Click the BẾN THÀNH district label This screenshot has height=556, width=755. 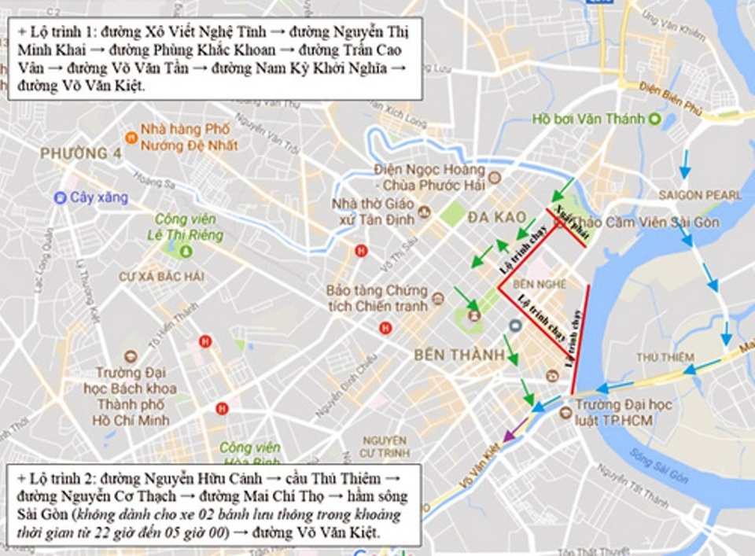click(x=459, y=355)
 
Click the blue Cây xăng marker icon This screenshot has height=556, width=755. click(x=60, y=198)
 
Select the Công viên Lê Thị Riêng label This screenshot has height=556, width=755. click(x=189, y=226)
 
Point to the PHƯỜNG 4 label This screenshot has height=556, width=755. click(x=81, y=153)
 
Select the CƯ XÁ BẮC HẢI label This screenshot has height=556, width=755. click(x=161, y=276)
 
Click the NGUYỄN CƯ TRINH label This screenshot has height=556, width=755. click(x=383, y=446)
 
